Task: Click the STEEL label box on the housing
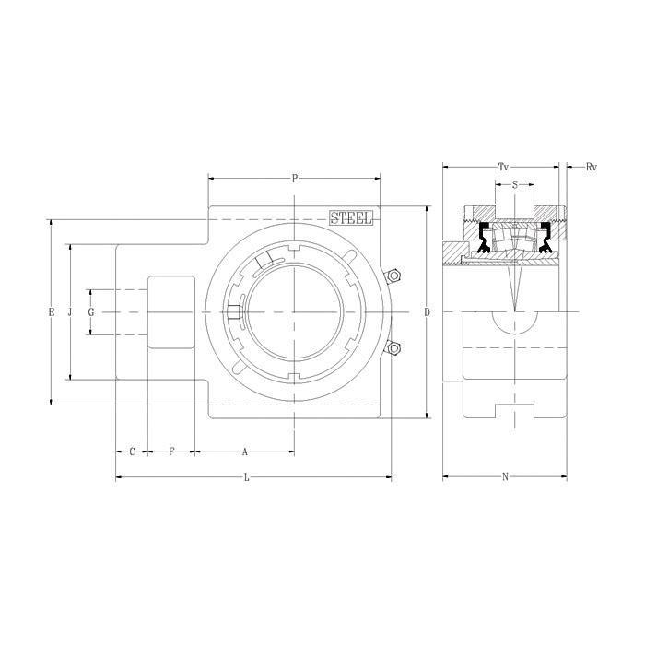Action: pyautogui.click(x=351, y=217)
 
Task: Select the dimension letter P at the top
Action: pyautogui.click(x=295, y=179)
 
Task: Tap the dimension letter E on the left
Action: pyautogui.click(x=52, y=312)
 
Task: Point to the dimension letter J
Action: pyautogui.click(x=70, y=312)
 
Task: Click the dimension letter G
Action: pyautogui.click(x=91, y=312)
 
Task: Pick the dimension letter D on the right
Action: pyautogui.click(x=428, y=312)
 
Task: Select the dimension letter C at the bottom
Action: pyautogui.click(x=132, y=451)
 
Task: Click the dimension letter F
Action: pyautogui.click(x=171, y=451)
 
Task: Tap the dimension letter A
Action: pyautogui.click(x=245, y=452)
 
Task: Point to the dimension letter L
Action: pyautogui.click(x=247, y=477)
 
